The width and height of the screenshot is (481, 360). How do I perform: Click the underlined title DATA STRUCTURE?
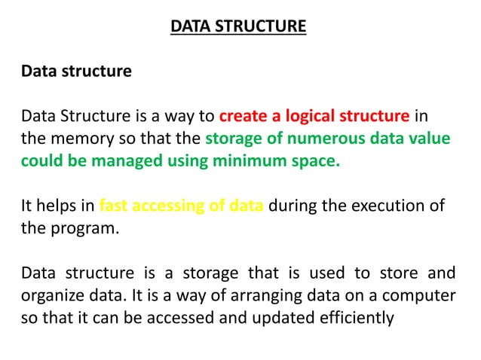pos(238,27)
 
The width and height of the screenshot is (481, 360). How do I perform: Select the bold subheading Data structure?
pos(76,72)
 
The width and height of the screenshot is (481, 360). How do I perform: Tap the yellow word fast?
pos(114,207)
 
